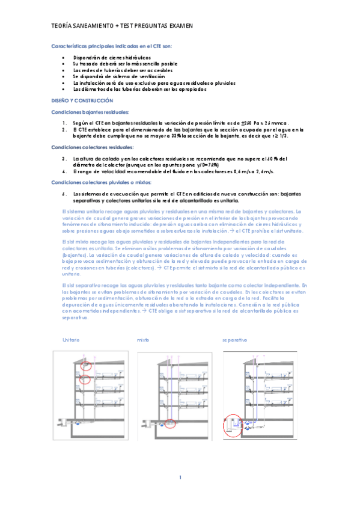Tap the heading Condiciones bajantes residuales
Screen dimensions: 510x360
coord(90,112)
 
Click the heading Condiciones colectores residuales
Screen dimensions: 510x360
coord(92,147)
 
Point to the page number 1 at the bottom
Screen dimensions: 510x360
coord(180,478)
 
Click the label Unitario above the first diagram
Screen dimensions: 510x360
coord(71,340)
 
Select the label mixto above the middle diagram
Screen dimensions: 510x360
coord(143,340)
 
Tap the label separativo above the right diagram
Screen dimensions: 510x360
coord(234,340)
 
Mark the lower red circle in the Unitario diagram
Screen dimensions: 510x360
coord(85,379)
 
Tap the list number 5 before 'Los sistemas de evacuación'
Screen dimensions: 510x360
coord(64,194)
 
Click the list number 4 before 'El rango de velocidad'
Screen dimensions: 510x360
coord(64,171)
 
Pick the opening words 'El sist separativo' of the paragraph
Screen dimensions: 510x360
coord(82,284)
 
